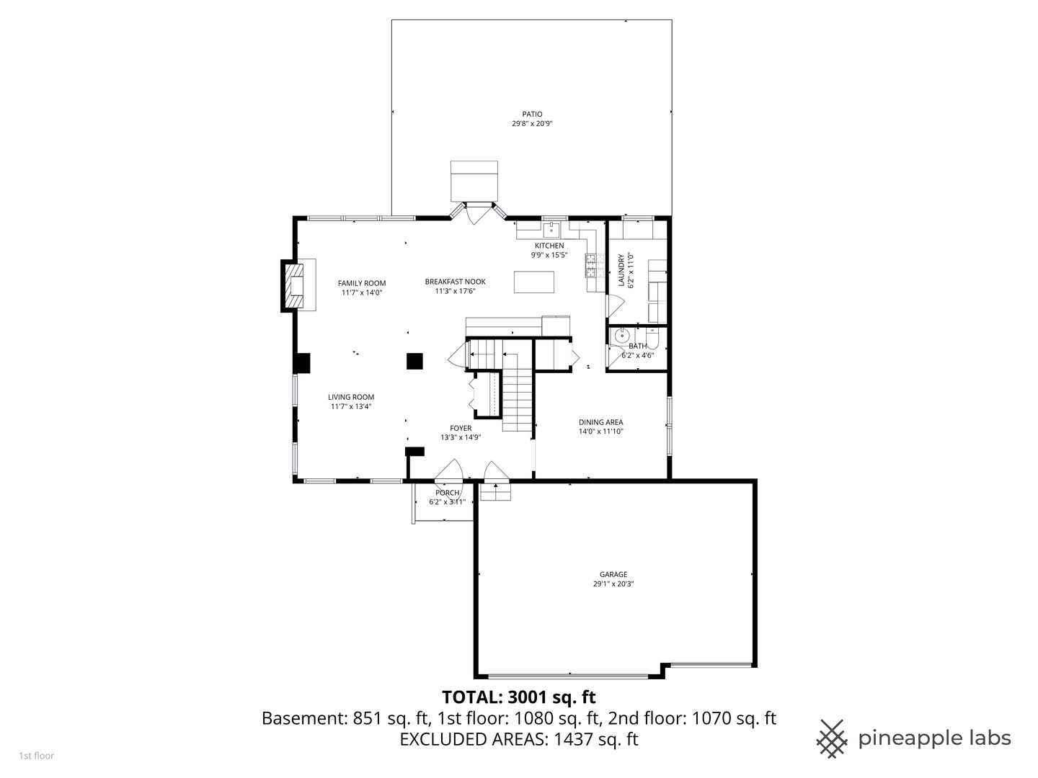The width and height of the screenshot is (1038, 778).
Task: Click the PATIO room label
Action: (x=532, y=114)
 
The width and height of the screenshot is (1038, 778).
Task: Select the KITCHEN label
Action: (x=549, y=246)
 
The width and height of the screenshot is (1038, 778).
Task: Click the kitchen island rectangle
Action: (x=534, y=282)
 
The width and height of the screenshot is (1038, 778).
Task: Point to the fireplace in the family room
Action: (x=295, y=286)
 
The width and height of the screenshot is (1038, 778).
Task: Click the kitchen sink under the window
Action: (x=551, y=230)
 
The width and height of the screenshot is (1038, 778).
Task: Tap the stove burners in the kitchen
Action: (x=592, y=266)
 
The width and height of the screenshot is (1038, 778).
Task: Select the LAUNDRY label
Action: (x=621, y=271)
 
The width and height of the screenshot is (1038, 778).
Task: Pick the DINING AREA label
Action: (x=600, y=422)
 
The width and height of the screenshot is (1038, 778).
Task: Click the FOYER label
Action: (x=461, y=428)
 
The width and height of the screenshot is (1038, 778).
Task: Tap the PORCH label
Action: (x=447, y=493)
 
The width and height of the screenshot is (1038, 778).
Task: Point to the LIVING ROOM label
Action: (x=351, y=397)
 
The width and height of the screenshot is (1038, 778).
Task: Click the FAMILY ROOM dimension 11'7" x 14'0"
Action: (x=362, y=292)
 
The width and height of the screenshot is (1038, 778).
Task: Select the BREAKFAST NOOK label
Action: (x=455, y=282)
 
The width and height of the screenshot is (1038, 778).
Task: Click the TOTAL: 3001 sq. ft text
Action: (x=518, y=697)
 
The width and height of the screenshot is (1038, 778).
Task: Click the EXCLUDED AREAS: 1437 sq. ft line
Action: (x=518, y=739)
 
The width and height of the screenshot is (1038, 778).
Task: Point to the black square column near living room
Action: (x=414, y=361)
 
